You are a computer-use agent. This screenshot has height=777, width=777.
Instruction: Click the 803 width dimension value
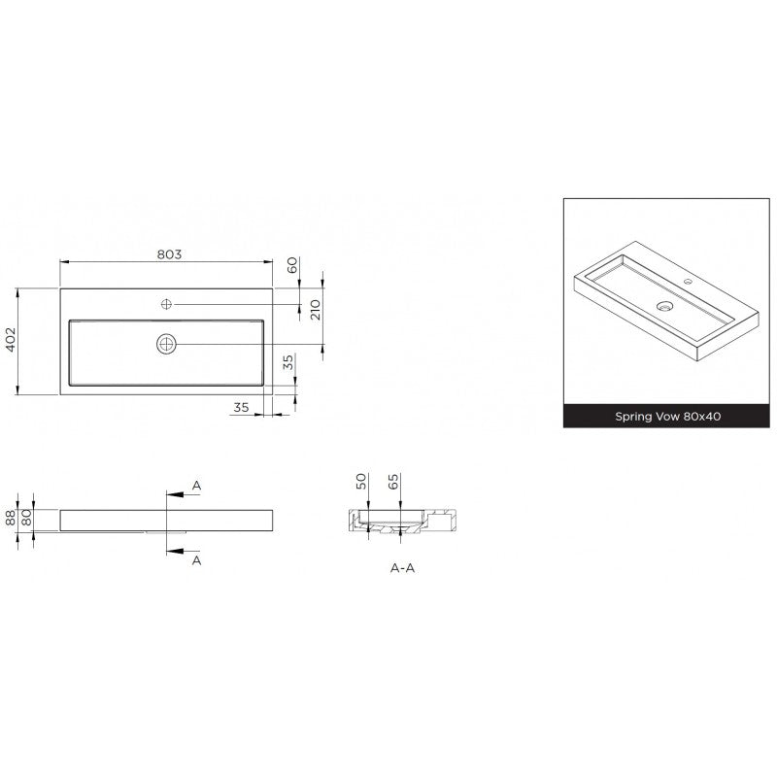pos(169,254)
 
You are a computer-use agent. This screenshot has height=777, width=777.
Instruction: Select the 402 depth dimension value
pos(11,339)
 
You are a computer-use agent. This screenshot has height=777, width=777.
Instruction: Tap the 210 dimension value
pos(316,310)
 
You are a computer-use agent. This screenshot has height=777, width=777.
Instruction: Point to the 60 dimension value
pos(292,264)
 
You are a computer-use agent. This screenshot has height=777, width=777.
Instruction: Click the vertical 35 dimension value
pos(287,361)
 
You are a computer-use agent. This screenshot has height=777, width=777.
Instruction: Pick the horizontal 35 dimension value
pos(241,407)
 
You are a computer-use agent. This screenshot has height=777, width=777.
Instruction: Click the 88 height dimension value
pos(11,519)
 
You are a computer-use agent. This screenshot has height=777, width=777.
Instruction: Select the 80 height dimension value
pos(27,518)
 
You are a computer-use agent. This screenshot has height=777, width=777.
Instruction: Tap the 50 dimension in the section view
pos(361,481)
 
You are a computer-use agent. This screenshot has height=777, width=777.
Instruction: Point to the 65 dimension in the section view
pos(393,482)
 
